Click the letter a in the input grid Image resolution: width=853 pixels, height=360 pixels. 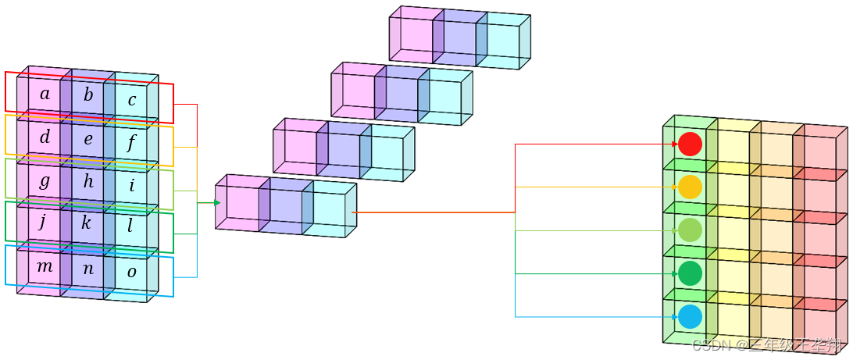pyautogui.click(x=45, y=94)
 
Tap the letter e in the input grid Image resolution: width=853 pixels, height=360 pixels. pyautogui.click(x=88, y=140)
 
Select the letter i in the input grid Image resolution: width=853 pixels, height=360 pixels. pyautogui.click(x=132, y=186)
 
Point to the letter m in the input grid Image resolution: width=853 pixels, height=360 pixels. pyautogui.click(x=45, y=266)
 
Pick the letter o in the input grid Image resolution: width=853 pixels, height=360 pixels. pyautogui.click(x=131, y=272)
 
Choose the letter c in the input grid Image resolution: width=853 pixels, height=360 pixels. pyautogui.click(x=132, y=100)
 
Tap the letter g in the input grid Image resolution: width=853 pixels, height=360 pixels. pyautogui.click(x=45, y=181)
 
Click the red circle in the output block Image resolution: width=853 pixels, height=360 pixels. pyautogui.click(x=690, y=144)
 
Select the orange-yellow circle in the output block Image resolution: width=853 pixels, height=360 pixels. pyautogui.click(x=690, y=187)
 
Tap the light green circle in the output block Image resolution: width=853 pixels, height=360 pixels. pyautogui.click(x=690, y=230)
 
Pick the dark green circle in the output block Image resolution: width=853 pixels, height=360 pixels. pyautogui.click(x=690, y=273)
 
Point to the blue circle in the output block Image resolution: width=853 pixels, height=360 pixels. pyautogui.click(x=690, y=316)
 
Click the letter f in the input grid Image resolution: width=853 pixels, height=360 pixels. pyautogui.click(x=132, y=143)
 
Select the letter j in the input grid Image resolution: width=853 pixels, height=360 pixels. pyautogui.click(x=43, y=222)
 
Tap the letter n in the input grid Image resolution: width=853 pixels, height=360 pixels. pyautogui.click(x=88, y=269)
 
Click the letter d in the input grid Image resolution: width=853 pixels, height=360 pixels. pyautogui.click(x=45, y=137)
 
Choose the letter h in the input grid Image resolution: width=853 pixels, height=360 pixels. pyautogui.click(x=88, y=182)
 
